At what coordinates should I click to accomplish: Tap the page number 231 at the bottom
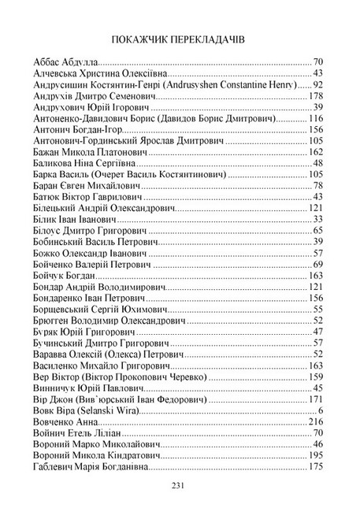click(180, 485)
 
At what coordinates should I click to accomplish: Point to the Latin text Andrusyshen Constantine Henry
click(235, 84)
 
